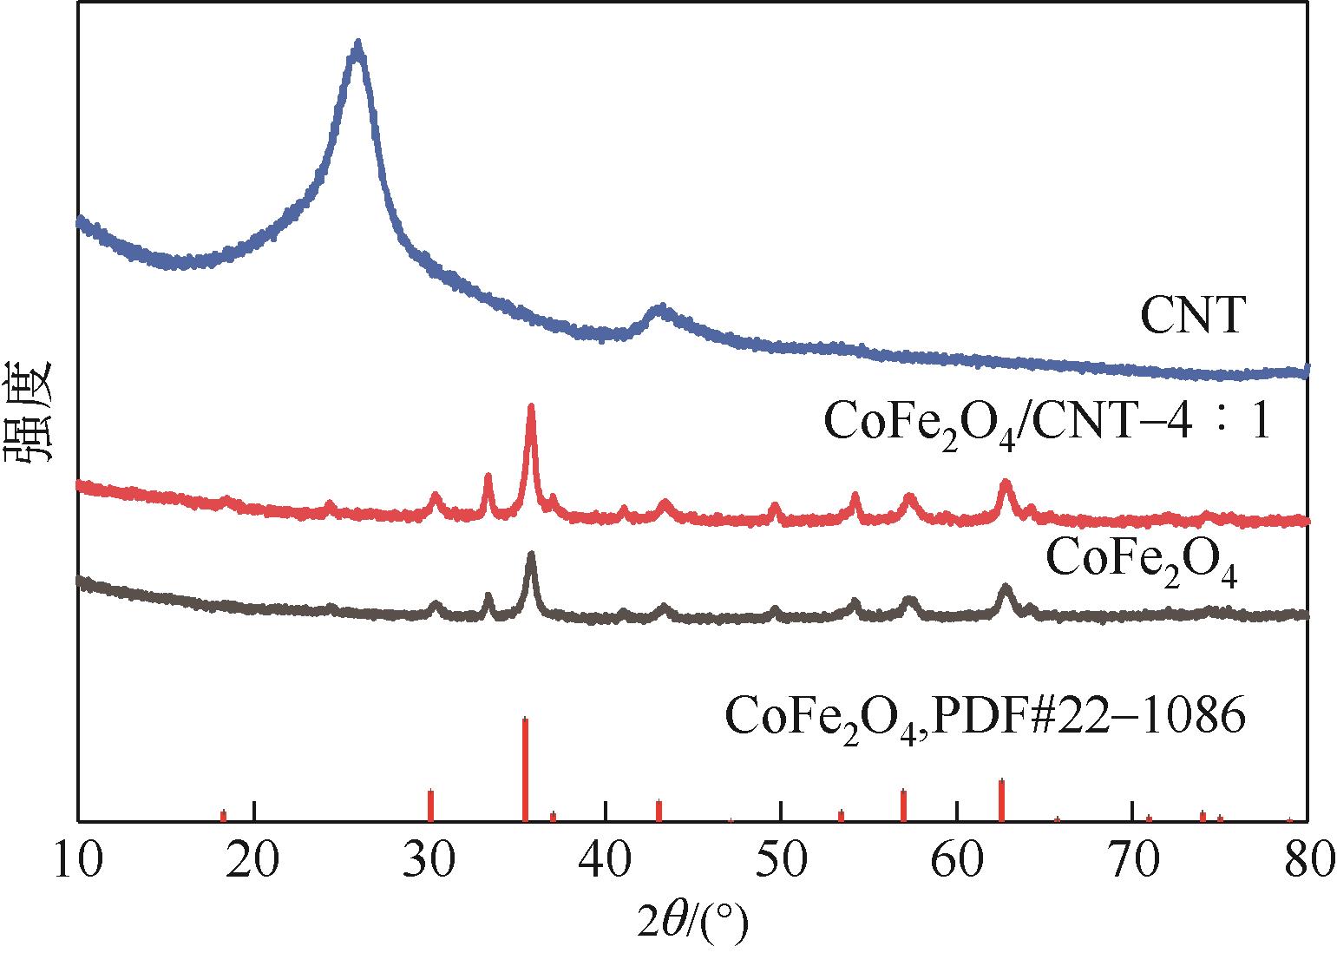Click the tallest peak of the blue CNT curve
357,45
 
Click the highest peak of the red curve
530,408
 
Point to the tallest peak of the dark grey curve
530,556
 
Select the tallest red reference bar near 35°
525,768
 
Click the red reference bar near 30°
430,805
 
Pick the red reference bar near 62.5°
1001,799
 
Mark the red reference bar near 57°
903,805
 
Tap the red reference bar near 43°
659,810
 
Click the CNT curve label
1192,316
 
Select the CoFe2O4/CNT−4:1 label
1046,424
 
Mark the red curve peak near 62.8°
1006,483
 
